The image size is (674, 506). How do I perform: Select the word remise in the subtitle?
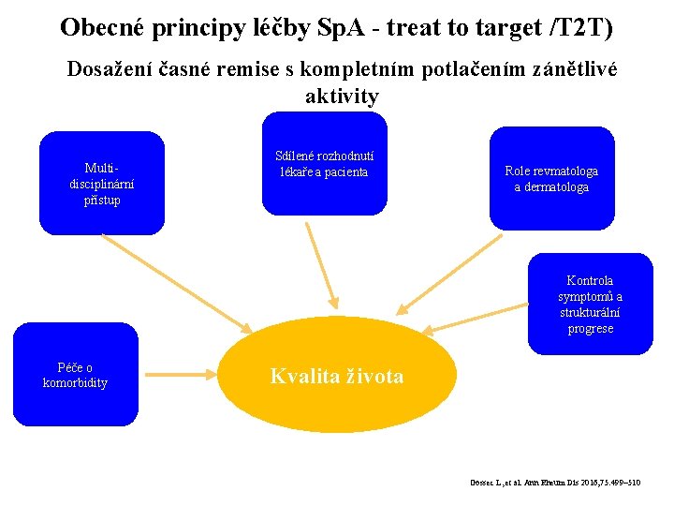(260, 70)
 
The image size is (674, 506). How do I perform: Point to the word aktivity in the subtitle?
(342, 97)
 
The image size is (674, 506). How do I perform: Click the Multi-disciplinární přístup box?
(101, 183)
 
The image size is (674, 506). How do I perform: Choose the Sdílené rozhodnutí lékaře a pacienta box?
(324, 164)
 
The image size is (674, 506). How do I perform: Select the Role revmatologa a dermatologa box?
(551, 178)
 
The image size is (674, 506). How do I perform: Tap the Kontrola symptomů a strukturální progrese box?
(590, 304)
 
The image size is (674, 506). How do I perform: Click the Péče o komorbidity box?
(75, 374)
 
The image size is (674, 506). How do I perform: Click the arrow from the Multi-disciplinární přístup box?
(178, 282)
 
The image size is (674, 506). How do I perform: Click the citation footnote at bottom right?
(555, 483)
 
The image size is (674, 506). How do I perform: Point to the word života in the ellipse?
(374, 377)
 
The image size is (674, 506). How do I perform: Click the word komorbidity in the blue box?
(75, 382)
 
